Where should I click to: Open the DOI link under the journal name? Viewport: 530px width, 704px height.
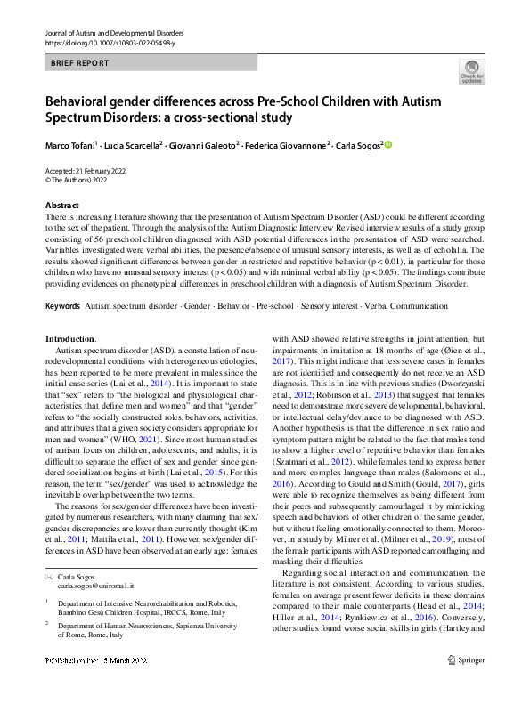(106, 42)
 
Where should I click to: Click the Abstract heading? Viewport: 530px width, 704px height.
(62, 206)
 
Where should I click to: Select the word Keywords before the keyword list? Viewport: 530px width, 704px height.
(62, 306)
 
